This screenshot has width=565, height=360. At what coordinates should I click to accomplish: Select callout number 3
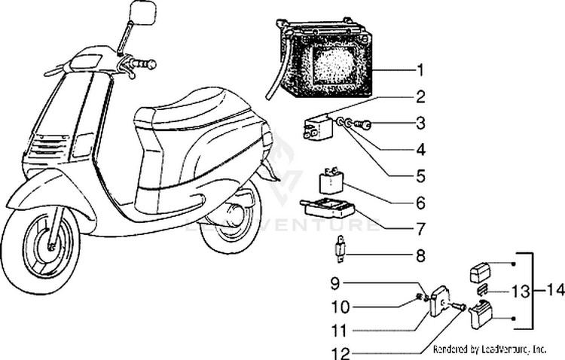pos(420,123)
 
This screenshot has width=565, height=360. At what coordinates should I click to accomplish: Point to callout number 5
pos(420,175)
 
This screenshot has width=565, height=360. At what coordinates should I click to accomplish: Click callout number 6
pos(420,203)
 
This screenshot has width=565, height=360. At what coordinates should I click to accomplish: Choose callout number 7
pos(420,227)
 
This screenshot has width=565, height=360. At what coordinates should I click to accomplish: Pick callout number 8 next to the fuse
pos(420,255)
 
